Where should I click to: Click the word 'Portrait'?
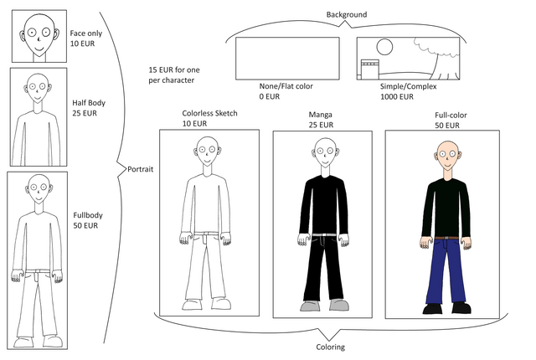click(140, 170)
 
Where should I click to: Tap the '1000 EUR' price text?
click(397, 96)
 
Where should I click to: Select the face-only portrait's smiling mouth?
click(37, 47)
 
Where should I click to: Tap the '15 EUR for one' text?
click(172, 71)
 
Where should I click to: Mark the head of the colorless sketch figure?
click(207, 154)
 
